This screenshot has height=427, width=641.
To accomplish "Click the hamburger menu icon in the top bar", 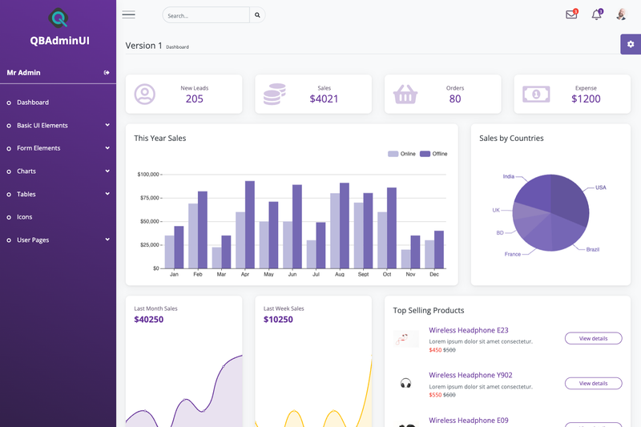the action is tap(128, 15).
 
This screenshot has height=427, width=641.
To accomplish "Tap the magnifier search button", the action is tap(257, 15).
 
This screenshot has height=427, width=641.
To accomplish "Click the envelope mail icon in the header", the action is tap(571, 14).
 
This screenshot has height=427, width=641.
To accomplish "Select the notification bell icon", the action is tap(597, 14).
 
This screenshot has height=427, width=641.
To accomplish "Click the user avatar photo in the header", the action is tap(621, 14).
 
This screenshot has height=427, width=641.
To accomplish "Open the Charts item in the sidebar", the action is tap(26, 171).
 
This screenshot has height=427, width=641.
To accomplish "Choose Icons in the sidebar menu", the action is tap(25, 217).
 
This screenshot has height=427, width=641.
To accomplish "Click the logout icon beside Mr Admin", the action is tap(107, 73).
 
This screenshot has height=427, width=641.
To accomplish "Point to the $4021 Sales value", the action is tap(324, 99).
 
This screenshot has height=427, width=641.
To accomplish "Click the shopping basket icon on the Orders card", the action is tap(405, 95).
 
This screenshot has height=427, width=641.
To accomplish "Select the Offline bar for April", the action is tap(250, 225).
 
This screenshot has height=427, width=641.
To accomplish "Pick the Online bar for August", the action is tap(335, 231).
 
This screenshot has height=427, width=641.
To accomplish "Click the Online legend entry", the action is tap(401, 154).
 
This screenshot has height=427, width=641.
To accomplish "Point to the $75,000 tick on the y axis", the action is tap(149, 198).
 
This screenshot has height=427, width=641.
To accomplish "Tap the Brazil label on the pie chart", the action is tap(593, 249).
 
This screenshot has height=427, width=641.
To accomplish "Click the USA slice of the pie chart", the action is tap(570, 198).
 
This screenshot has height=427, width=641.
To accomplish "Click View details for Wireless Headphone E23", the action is tap(593, 338).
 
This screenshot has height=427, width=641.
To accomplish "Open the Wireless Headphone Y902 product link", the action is tap(470, 375).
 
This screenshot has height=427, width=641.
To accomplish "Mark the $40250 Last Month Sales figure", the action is tap(149, 320).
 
